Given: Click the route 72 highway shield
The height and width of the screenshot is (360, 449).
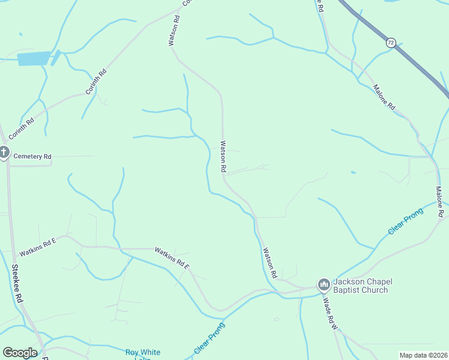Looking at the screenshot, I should (x=391, y=43).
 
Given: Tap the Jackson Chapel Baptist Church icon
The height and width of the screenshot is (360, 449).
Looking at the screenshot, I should (x=324, y=283).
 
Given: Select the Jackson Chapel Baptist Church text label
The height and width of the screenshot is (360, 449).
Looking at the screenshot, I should (x=360, y=286).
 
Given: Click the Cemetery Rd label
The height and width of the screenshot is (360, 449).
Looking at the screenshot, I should (x=32, y=157).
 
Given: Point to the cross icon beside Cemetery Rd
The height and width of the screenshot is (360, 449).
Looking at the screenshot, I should (x=4, y=153).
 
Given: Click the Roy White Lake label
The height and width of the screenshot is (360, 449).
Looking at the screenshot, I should (x=142, y=353).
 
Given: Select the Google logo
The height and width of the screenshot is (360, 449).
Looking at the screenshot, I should (x=20, y=353).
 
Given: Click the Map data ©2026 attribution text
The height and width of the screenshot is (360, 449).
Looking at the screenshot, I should (x=423, y=355).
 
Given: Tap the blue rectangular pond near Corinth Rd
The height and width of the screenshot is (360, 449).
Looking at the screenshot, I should (x=34, y=58).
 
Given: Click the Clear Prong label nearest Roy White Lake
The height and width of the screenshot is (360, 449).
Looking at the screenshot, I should (x=209, y=338).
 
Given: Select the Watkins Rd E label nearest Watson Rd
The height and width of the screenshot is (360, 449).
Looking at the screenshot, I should (x=172, y=258).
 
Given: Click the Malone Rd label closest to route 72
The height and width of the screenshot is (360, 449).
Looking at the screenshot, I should (x=384, y=97).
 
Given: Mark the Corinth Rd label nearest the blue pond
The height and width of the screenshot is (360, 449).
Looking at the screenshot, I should (x=95, y=82).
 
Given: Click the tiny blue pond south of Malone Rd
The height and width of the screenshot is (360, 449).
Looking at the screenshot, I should (x=353, y=173).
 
